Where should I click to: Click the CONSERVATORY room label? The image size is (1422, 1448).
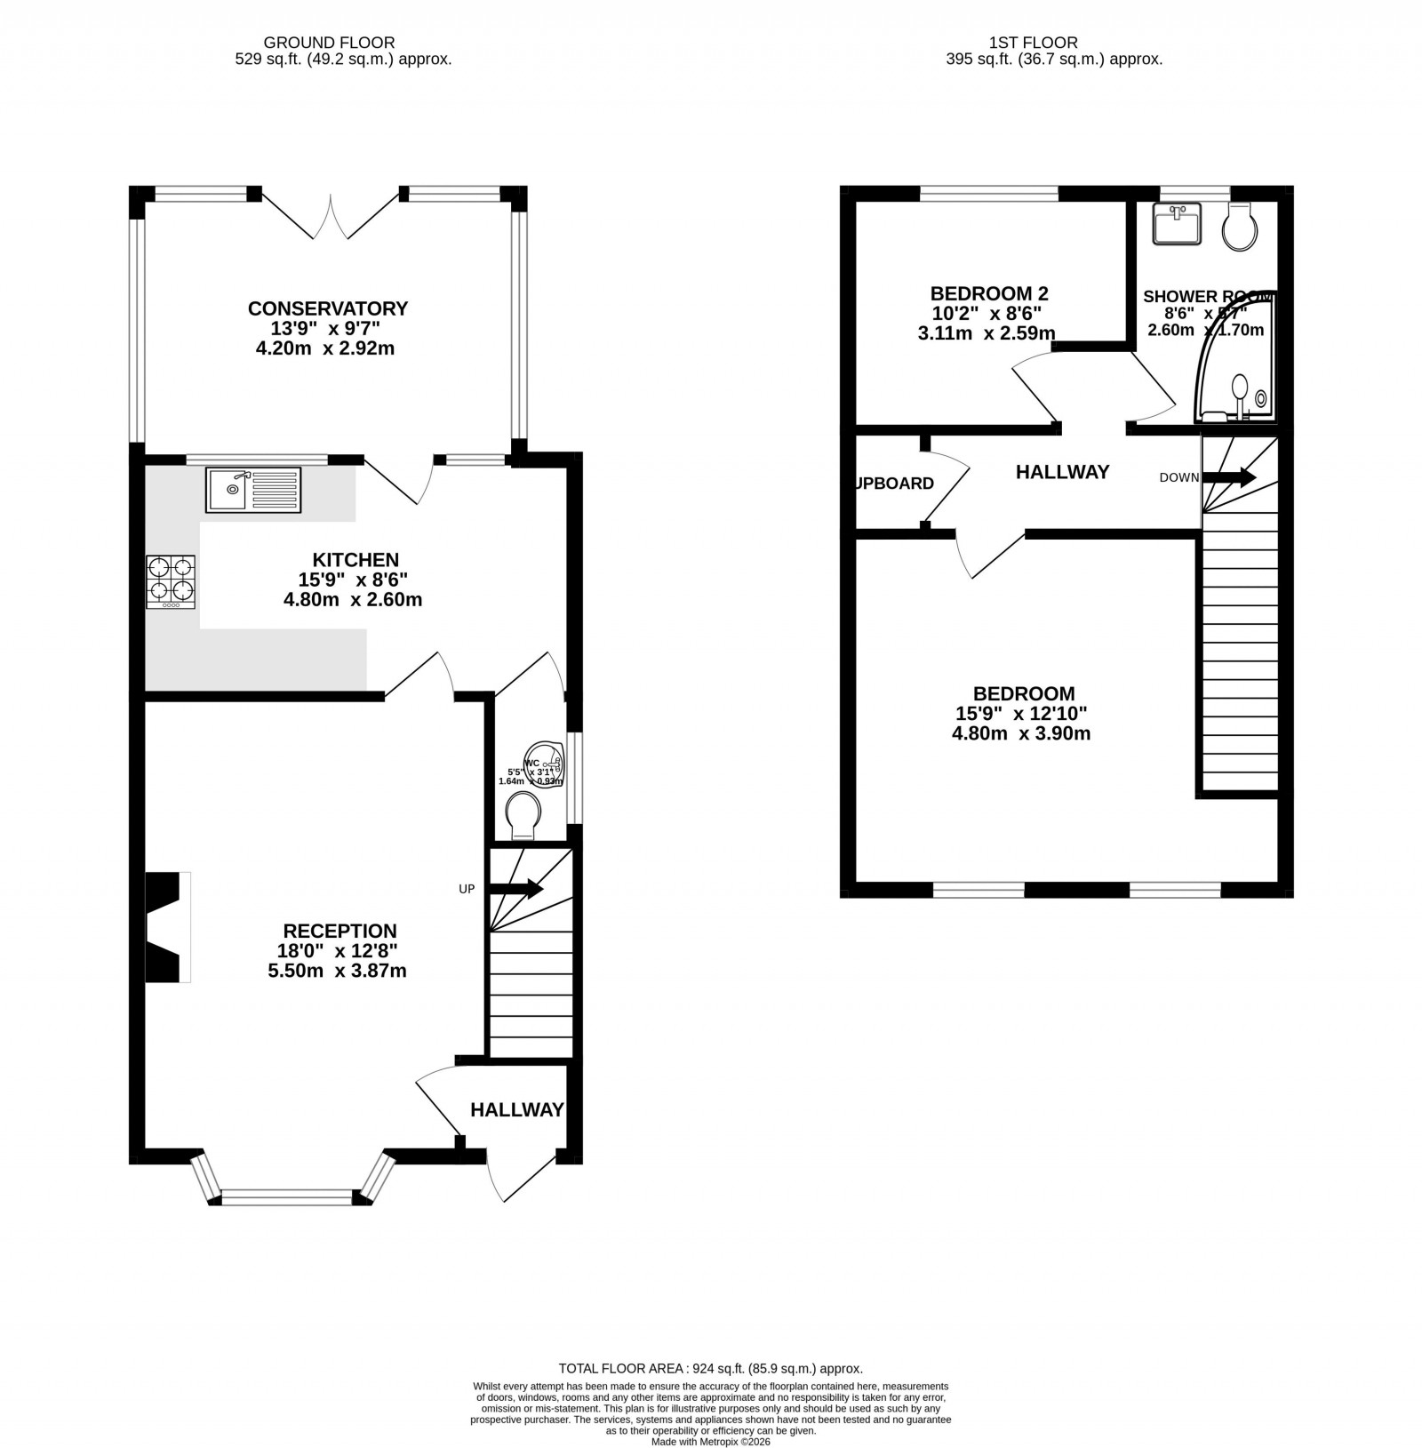327,308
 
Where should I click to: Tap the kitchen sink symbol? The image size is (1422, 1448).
253,490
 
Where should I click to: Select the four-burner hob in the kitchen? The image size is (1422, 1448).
171,581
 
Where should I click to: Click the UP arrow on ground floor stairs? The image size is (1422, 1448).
515,888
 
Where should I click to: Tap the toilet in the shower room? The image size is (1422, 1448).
1239,227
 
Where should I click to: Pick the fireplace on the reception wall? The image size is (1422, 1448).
167,927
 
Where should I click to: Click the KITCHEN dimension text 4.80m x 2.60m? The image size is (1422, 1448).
352,600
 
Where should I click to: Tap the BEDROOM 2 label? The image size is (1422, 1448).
988,293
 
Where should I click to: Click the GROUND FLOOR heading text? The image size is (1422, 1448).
329,42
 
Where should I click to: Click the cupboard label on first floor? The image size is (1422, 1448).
894,484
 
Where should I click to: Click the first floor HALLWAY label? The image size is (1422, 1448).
1062,472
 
